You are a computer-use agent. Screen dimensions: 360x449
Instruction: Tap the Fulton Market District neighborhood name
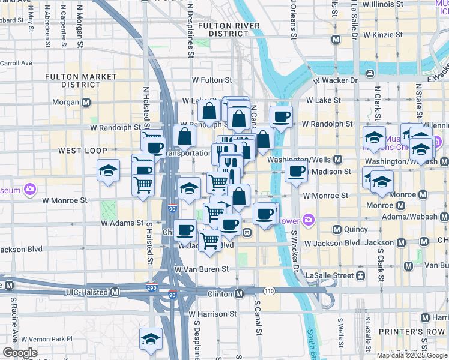[80, 81]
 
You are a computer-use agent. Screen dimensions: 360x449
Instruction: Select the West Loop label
[82, 150]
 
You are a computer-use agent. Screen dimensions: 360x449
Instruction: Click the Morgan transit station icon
[86, 103]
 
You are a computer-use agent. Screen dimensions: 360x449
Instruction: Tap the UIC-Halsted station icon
[115, 292]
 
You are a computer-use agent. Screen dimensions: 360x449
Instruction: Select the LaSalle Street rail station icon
[360, 275]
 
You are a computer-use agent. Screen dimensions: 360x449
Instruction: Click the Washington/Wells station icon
[337, 160]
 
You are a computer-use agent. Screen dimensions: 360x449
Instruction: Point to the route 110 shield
[268, 290]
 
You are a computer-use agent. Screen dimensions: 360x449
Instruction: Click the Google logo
[19, 353]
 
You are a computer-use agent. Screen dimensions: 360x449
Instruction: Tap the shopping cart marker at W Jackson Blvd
[209, 241]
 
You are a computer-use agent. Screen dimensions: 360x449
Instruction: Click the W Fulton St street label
[211, 80]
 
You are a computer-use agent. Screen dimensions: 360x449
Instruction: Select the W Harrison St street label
[212, 314]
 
